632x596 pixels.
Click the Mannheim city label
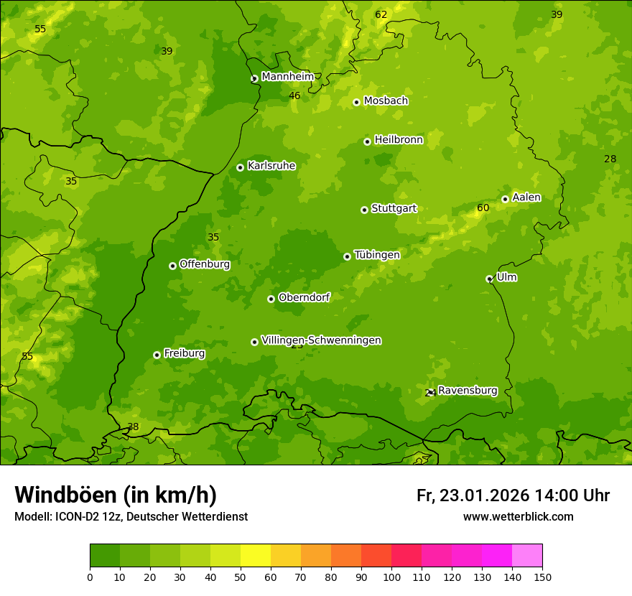click(287, 77)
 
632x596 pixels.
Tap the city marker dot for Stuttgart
click(364, 210)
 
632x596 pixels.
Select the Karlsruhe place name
click(271, 166)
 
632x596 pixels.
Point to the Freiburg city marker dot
click(157, 355)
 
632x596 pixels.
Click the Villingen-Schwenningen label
click(321, 340)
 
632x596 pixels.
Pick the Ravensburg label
click(467, 391)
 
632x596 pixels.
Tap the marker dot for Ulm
click(489, 279)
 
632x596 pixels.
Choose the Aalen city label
click(526, 197)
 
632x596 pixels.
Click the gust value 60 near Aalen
click(483, 208)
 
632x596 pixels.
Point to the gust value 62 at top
click(381, 15)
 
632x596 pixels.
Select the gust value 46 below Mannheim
click(294, 96)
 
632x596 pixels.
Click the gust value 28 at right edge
click(610, 159)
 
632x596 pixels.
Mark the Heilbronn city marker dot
click(367, 141)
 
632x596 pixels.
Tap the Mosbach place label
click(386, 101)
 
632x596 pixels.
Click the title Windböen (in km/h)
click(116, 495)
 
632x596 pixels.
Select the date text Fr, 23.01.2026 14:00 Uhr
click(513, 495)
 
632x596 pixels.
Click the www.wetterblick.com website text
click(518, 517)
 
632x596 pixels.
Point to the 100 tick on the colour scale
click(391, 577)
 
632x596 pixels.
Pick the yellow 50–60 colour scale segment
click(256, 556)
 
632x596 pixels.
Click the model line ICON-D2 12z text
click(131, 517)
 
